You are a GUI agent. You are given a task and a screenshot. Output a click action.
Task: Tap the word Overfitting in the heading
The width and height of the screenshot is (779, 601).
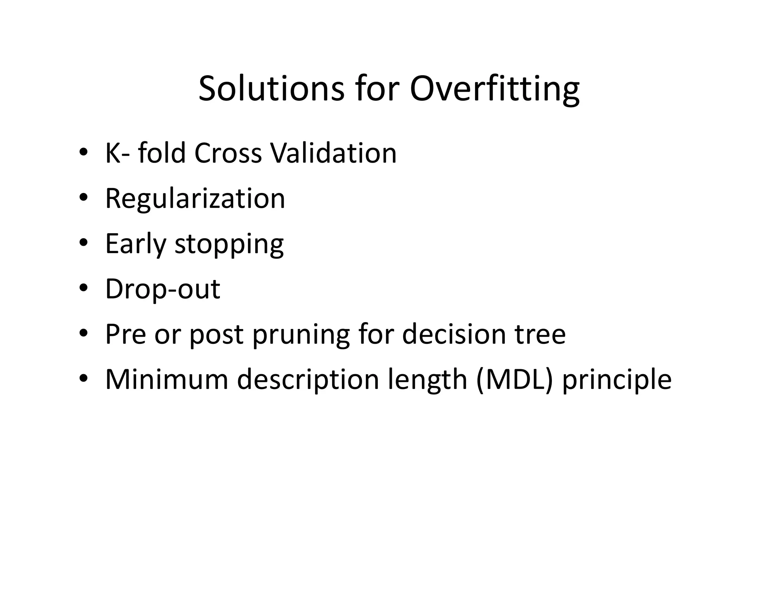pos(494,89)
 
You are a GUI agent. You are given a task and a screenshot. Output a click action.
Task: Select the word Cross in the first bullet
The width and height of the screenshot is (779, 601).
pos(227,153)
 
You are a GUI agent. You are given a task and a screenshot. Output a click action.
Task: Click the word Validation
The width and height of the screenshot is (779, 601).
pos(333,153)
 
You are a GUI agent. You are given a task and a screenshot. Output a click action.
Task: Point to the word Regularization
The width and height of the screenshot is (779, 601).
pos(195,198)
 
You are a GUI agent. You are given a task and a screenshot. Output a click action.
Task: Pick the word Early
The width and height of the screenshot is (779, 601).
pos(135,244)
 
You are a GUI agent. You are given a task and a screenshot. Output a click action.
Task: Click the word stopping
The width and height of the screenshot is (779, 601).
pos(229,244)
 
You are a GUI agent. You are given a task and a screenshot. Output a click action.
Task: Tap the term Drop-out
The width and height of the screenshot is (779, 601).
pos(162,289)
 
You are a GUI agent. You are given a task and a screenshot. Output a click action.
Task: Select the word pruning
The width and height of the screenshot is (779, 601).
pos(300,335)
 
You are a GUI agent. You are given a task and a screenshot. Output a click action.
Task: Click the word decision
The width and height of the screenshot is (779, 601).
pos(453,334)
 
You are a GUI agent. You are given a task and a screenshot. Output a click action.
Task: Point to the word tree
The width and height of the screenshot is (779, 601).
pos(540,334)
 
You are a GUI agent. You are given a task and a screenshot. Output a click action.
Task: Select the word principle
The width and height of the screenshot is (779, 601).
pos(617,380)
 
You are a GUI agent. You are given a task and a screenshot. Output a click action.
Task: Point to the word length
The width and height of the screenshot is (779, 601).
pos(427,380)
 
